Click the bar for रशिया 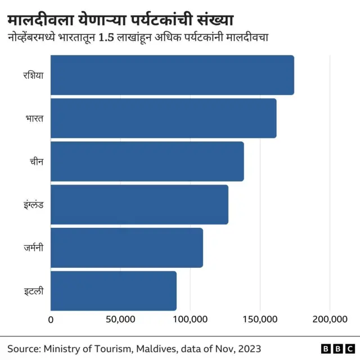[x=172, y=75]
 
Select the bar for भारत [x=163, y=118]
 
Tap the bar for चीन [x=147, y=161]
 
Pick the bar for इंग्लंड [x=139, y=204]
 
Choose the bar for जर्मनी [x=127, y=247]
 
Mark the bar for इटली [x=114, y=291]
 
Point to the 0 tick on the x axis [x=51, y=319]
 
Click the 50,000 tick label [x=120, y=319]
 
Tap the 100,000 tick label [x=190, y=319]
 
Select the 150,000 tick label [x=260, y=319]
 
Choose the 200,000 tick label [x=330, y=319]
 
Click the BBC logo [x=336, y=349]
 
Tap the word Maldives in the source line [x=157, y=348]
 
